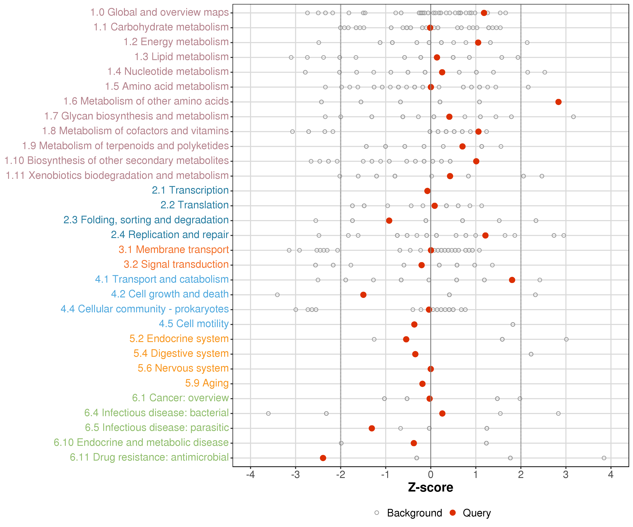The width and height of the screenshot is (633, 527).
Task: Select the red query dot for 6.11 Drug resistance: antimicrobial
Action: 323,458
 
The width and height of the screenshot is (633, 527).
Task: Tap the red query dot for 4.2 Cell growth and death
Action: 363,295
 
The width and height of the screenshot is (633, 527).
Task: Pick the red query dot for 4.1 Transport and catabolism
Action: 512,280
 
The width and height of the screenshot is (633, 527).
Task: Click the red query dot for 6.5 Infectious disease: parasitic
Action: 372,428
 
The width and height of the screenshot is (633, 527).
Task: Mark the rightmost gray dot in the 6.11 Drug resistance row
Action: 604,458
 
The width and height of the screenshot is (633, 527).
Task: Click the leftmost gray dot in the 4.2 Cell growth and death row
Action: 277,295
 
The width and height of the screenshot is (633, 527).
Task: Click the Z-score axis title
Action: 430,487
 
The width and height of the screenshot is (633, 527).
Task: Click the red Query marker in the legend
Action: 452,513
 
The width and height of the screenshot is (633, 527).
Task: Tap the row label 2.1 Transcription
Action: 190,190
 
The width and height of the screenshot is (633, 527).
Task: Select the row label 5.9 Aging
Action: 207,383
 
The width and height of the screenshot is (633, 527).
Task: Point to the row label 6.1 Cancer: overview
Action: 180,398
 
